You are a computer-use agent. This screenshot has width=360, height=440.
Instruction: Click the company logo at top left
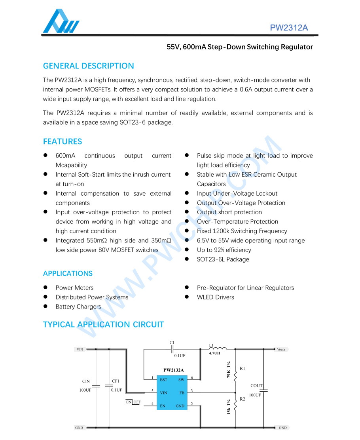click(x=61, y=21)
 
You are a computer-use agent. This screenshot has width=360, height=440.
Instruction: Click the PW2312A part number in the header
click(x=289, y=28)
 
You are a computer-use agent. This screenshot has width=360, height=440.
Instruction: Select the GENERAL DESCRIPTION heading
click(x=88, y=66)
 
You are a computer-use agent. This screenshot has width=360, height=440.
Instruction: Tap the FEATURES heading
click(x=63, y=141)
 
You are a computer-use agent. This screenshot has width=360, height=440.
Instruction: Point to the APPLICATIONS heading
click(x=68, y=273)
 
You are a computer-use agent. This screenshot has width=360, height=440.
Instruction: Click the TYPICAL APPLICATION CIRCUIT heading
click(x=103, y=324)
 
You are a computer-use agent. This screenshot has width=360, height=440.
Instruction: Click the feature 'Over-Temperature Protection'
click(x=237, y=221)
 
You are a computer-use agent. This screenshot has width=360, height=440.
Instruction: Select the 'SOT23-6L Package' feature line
click(x=223, y=259)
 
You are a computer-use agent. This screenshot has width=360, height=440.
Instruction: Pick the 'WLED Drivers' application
click(x=215, y=297)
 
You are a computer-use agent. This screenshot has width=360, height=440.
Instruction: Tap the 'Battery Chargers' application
click(x=78, y=307)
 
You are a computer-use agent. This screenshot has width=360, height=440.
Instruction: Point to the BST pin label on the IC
click(x=163, y=379)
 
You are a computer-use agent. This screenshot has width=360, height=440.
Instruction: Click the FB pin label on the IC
click(x=182, y=392)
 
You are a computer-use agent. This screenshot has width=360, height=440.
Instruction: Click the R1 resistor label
click(x=242, y=368)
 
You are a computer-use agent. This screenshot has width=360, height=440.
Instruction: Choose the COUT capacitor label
click(x=256, y=385)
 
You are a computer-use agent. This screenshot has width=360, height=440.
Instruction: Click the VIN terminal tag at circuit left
click(x=80, y=349)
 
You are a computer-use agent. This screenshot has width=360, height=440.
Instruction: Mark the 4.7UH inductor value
click(x=214, y=353)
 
